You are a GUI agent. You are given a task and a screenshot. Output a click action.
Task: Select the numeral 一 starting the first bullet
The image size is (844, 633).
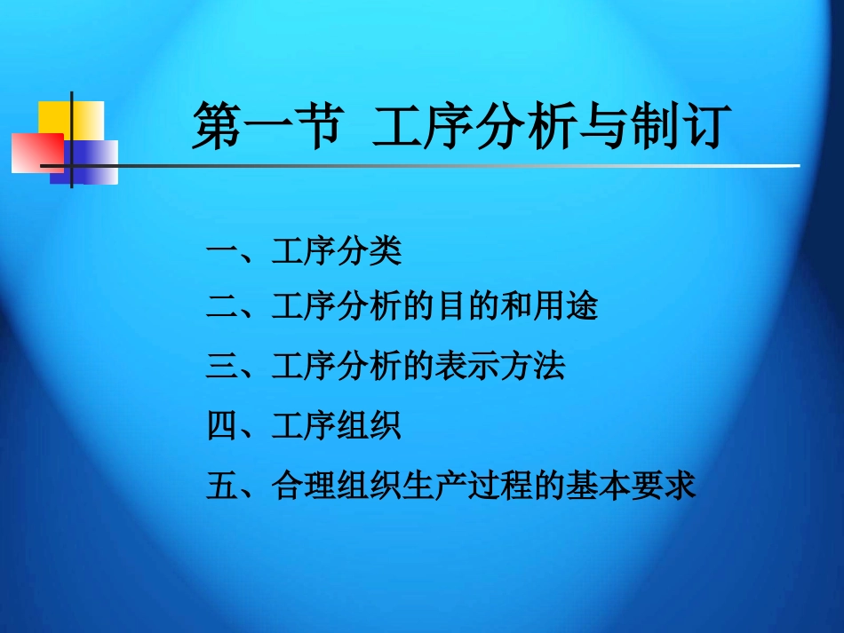click(x=221, y=253)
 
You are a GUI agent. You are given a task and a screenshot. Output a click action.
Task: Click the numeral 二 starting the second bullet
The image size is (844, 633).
click(x=221, y=307)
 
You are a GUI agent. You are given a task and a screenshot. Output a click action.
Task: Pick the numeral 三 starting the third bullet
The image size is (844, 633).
click(x=221, y=366)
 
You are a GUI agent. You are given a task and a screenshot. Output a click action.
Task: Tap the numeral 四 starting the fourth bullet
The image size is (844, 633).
click(x=221, y=426)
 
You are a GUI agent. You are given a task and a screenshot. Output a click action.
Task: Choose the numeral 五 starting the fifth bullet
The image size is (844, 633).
click(x=221, y=486)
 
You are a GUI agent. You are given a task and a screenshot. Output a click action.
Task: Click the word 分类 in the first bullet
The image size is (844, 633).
click(x=370, y=252)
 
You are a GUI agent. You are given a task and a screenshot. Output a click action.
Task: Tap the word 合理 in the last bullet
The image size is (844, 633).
click(x=304, y=486)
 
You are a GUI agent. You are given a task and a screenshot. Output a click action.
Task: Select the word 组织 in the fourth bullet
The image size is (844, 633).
click(x=370, y=426)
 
